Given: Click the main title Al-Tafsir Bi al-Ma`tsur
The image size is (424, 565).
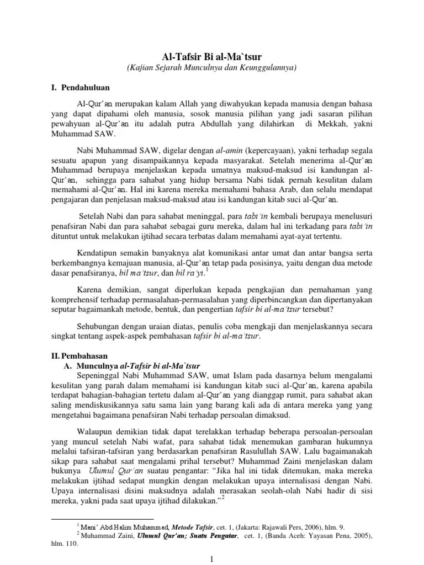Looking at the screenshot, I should click(211, 56).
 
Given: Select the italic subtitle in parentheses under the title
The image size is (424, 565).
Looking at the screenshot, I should click(211, 68).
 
